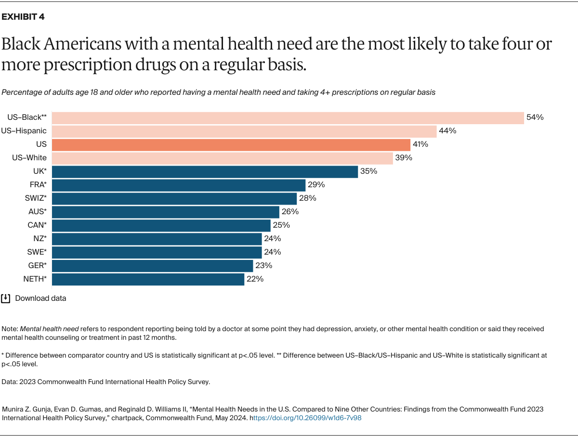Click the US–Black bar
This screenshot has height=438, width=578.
tap(288, 118)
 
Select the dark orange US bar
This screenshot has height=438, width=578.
tap(231, 145)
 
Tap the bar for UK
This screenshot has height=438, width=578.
tap(205, 172)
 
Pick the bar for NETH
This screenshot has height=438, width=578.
tap(148, 280)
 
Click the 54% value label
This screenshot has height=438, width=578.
tap(535, 117)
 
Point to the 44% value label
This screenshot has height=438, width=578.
tap(447, 131)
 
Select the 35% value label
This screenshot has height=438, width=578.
tap(368, 171)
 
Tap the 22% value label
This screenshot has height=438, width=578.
tap(255, 279)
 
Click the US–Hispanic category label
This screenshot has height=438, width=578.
tap(24, 131)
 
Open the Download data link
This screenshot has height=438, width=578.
tap(40, 298)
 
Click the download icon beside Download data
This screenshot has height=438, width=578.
tap(6, 298)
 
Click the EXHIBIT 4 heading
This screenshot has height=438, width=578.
tap(24, 17)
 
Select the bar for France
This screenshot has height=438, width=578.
tap(178, 185)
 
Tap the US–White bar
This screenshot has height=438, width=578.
tap(222, 158)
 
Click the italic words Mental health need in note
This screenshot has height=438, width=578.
tap(49, 329)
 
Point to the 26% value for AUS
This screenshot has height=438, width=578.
tap(290, 212)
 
